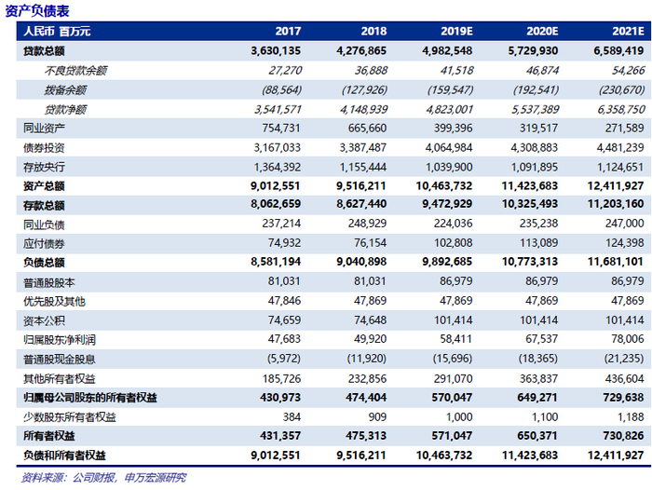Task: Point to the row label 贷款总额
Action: click(44, 50)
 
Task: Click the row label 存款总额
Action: click(44, 204)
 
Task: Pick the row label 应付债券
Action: click(44, 242)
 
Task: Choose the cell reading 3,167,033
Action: click(277, 147)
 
